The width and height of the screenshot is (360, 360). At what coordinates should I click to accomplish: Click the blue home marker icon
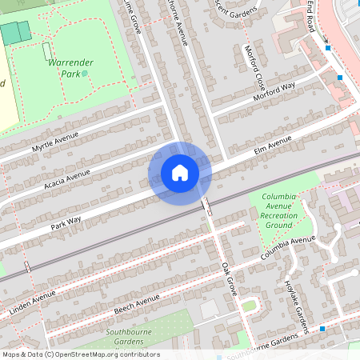pos(180,172)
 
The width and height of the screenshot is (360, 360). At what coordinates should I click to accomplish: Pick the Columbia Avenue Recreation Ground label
pos(278,210)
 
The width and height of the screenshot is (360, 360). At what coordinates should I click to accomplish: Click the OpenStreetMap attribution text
pos(80,354)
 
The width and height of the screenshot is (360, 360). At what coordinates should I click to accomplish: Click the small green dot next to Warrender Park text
pos(85,73)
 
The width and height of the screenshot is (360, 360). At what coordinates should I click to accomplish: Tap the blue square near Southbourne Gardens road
pos(322,328)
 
